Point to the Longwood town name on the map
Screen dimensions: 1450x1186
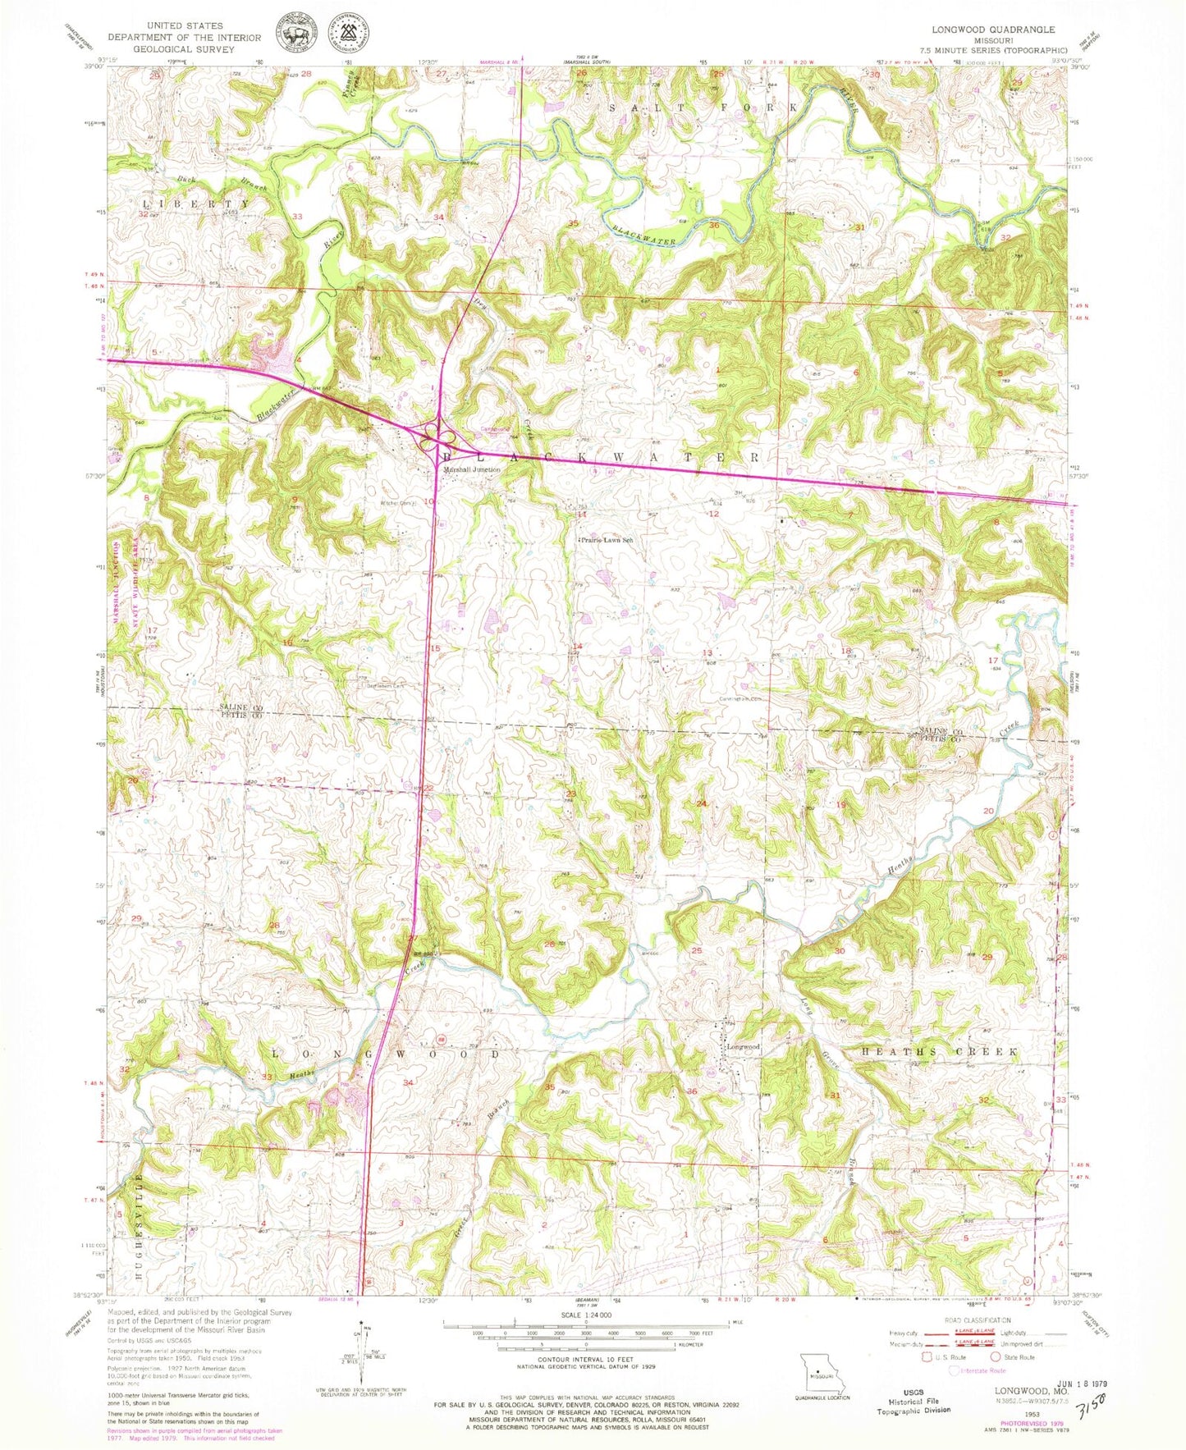[x=744, y=1047]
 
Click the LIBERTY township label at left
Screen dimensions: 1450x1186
[x=196, y=203]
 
